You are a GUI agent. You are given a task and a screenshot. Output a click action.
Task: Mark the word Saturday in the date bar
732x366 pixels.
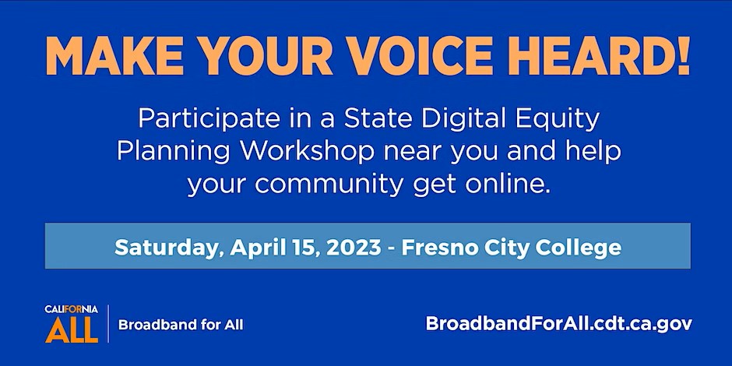click(166, 248)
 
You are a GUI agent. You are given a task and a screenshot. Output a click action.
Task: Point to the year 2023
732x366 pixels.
click(354, 247)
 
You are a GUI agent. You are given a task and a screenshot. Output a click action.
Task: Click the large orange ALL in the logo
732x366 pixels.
click(72, 329)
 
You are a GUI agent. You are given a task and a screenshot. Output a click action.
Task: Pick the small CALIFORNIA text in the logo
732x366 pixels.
click(72, 309)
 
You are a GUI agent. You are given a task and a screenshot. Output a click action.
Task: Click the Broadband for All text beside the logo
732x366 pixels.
click(181, 325)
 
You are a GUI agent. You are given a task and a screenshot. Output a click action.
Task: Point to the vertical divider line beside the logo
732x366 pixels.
click(108, 323)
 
